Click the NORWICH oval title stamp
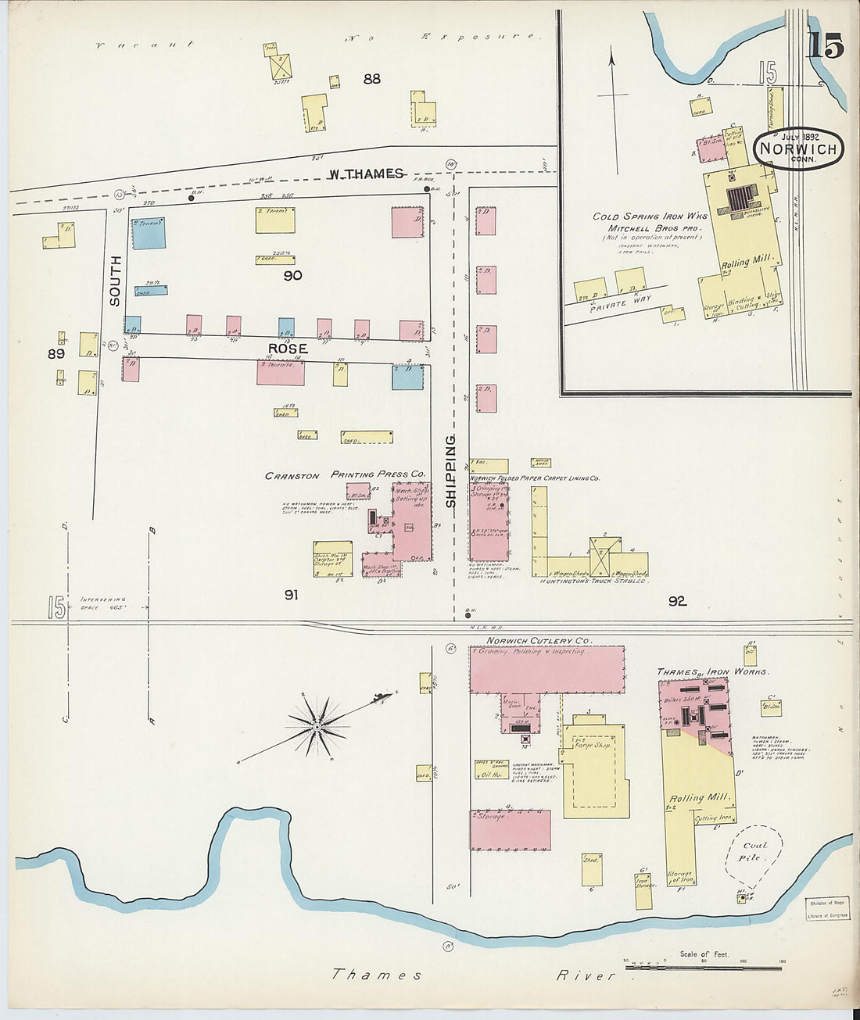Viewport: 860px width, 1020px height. [798, 149]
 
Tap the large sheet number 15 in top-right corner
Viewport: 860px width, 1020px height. [826, 46]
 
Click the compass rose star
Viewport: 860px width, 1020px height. [317, 727]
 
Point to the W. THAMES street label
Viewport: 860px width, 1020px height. [366, 174]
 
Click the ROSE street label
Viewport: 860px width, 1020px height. [288, 349]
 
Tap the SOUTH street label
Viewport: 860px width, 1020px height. [116, 280]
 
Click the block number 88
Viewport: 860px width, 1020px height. [371, 78]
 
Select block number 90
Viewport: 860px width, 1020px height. [292, 275]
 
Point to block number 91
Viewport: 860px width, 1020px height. [291, 595]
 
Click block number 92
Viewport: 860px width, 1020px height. [677, 601]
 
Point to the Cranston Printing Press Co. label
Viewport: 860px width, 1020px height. [345, 474]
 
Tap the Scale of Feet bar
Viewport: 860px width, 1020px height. [704, 968]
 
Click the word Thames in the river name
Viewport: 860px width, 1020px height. [377, 975]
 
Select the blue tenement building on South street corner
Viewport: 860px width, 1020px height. [149, 233]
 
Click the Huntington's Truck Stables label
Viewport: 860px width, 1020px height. [593, 582]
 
